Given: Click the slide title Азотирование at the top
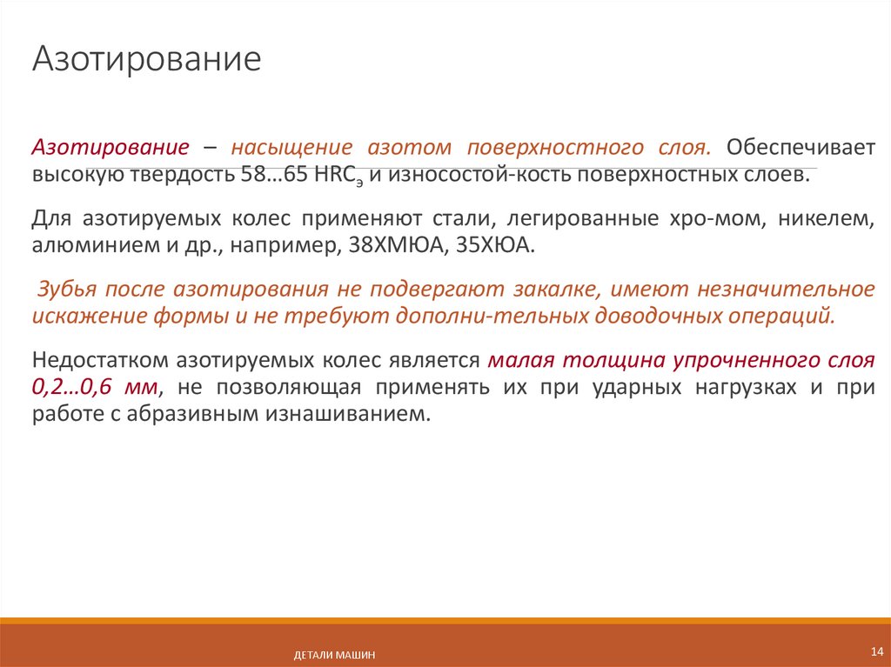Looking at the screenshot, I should pyautogui.click(x=147, y=59).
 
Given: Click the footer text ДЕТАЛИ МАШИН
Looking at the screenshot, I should pyautogui.click(x=335, y=655).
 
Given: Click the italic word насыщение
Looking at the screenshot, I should pyautogui.click(x=291, y=146).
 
